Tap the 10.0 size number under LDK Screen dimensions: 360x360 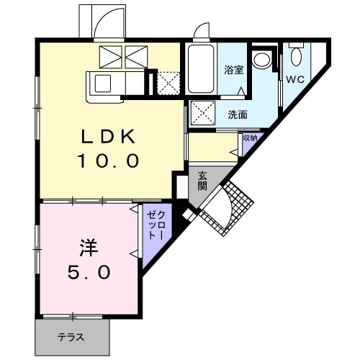pyautogui.click(x=108, y=161)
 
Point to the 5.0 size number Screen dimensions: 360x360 pyautogui.click(x=90, y=272)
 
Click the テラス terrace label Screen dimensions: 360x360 pyautogui.click(x=71, y=337)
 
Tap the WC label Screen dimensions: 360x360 pyautogui.click(x=295, y=78)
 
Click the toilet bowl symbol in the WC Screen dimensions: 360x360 pyautogui.click(x=296, y=55)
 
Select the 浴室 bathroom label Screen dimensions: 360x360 pyautogui.click(x=233, y=71)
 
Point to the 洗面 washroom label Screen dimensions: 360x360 pyautogui.click(x=238, y=114)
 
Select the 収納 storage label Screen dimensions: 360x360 pyautogui.click(x=250, y=138)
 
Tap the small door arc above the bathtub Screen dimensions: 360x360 pyautogui.click(x=201, y=31)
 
